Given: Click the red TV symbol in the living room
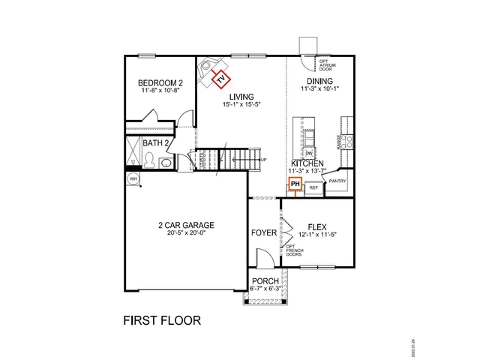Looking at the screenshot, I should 221,76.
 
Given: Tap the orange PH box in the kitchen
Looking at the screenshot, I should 295,184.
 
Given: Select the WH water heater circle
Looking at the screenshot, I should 133,179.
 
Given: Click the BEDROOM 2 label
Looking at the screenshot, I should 160,82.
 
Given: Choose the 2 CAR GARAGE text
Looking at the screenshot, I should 186,225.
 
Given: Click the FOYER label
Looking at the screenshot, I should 263,232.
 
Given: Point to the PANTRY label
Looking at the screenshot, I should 337,181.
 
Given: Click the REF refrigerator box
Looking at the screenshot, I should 314,187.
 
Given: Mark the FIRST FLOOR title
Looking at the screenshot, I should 161,320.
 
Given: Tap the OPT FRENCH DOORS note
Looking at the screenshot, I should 295,251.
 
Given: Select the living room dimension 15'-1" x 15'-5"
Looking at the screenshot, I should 241,104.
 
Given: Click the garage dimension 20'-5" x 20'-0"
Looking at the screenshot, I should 186,234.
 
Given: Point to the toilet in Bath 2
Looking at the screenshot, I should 150,160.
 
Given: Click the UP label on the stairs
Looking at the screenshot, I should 262,160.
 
